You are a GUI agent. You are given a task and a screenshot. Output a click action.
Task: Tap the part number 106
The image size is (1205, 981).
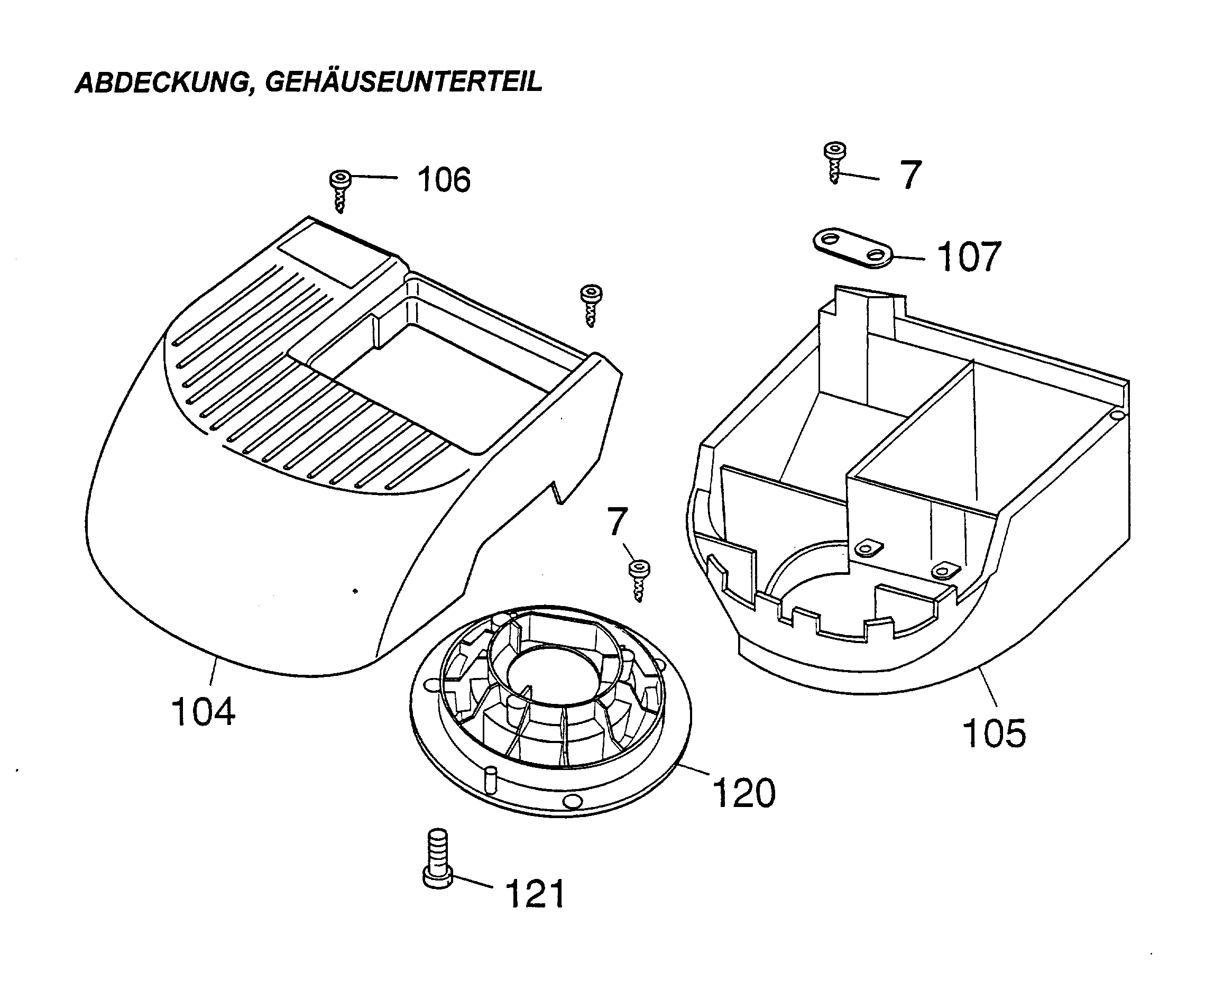click(x=444, y=180)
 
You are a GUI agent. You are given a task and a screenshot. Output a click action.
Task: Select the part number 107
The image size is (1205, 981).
click(x=969, y=257)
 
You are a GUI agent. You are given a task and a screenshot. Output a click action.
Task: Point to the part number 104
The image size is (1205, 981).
click(x=203, y=712)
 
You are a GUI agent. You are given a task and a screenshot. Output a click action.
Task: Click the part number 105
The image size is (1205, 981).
click(x=994, y=734)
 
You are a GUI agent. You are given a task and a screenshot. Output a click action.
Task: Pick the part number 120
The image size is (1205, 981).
click(x=744, y=793)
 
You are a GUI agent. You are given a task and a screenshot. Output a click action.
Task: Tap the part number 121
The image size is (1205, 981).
click(x=535, y=894)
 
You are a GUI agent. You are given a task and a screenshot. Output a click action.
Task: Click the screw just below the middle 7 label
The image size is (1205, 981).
click(x=639, y=580)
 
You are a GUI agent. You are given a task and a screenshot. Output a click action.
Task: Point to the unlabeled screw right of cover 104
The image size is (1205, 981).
click(x=591, y=304)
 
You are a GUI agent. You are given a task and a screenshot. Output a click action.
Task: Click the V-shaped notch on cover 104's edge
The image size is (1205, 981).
click(x=558, y=491)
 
